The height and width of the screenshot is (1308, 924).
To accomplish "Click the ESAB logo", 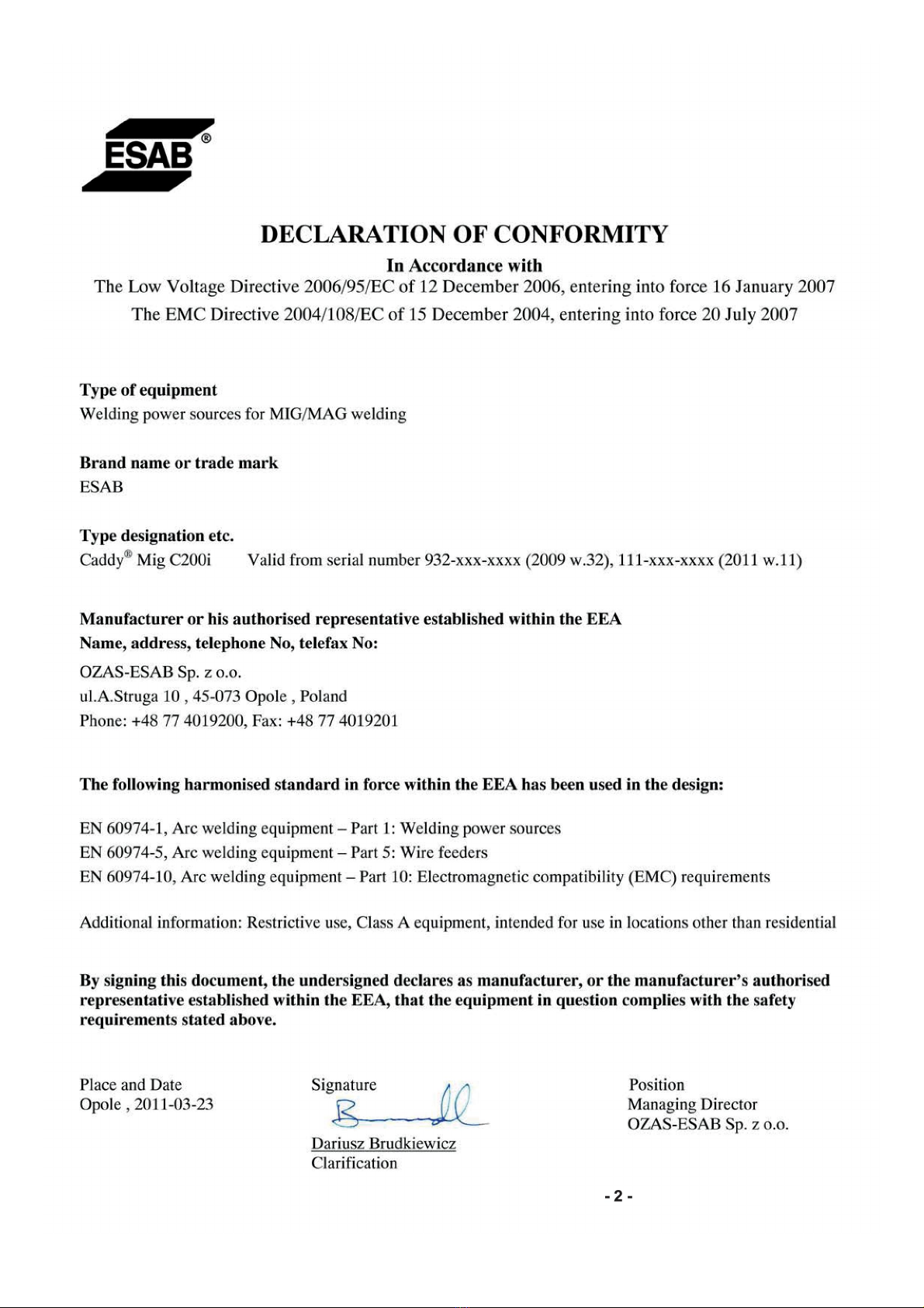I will pyautogui.click(x=147, y=155).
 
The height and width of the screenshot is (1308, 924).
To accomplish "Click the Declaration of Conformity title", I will pyautogui.click(x=464, y=234).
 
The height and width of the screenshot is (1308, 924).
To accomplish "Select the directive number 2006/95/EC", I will pyautogui.click(x=350, y=287).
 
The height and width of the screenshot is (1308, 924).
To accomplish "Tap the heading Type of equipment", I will pyautogui.click(x=148, y=390).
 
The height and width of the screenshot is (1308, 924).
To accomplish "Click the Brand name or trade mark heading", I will pyautogui.click(x=178, y=463).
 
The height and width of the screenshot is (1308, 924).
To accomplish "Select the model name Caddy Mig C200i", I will pyautogui.click(x=146, y=560).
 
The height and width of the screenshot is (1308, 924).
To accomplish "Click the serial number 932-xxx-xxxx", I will pyautogui.click(x=472, y=560).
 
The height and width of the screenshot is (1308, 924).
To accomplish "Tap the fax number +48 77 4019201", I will pyautogui.click(x=342, y=720).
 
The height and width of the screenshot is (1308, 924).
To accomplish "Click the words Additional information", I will pyautogui.click(x=161, y=922).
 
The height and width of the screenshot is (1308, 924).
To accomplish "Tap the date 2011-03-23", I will pyautogui.click(x=174, y=1105).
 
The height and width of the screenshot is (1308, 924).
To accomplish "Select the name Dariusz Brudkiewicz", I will pyautogui.click(x=383, y=1143).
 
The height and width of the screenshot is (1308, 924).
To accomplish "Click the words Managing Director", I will pyautogui.click(x=692, y=1104).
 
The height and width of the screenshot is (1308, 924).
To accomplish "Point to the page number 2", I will pyautogui.click(x=618, y=1196).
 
